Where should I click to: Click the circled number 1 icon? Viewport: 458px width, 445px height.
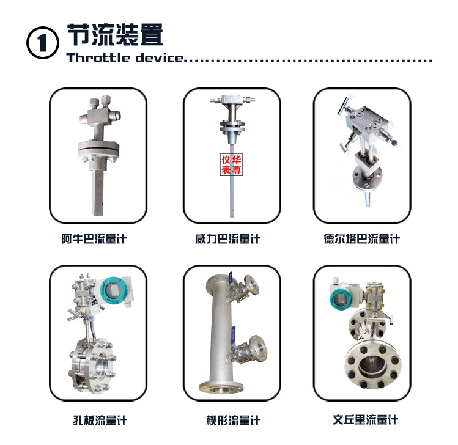tap(43, 43)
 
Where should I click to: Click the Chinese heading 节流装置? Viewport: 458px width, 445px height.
tap(115, 35)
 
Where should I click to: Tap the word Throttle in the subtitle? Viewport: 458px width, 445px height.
tap(98, 57)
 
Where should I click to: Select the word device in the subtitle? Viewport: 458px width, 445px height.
tap(160, 57)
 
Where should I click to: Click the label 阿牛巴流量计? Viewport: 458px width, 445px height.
tap(94, 239)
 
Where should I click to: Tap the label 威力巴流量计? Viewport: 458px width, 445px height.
tap(228, 239)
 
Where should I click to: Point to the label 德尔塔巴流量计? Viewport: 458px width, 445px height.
tap(361, 239)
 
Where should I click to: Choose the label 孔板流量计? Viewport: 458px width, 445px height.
tap(100, 421)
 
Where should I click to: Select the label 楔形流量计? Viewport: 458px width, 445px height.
tap(234, 421)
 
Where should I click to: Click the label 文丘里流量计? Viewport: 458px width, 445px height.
tap(366, 420)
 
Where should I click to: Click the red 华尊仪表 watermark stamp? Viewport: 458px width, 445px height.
tap(231, 164)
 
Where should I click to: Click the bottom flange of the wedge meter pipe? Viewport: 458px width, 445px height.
tap(221, 387)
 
